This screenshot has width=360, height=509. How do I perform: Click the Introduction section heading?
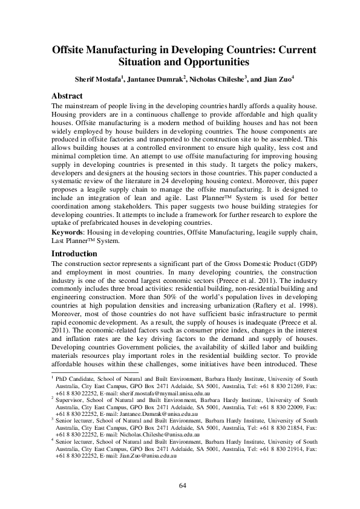[74, 253]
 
